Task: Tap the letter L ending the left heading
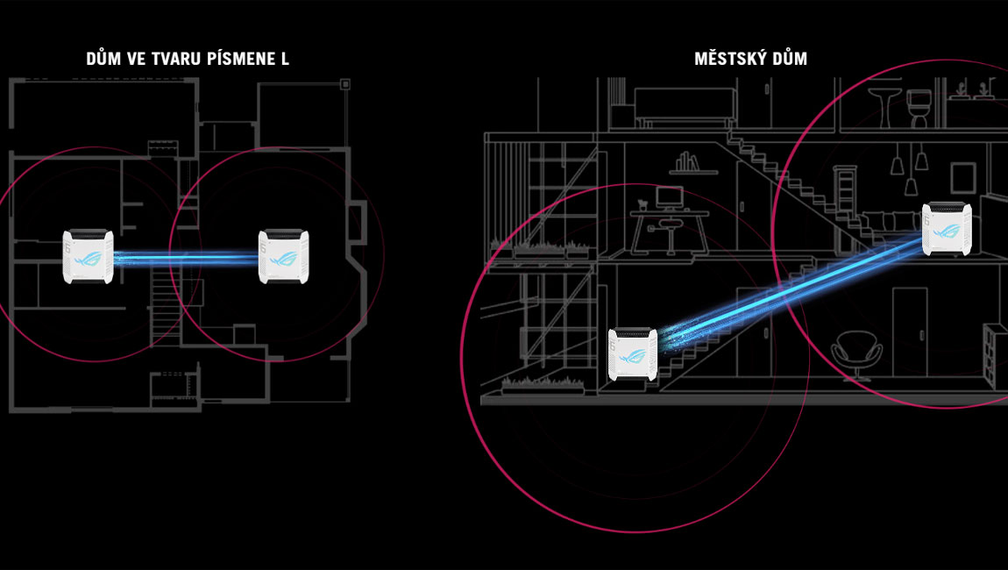(284, 60)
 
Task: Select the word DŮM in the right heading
(790, 60)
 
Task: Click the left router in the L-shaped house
(89, 256)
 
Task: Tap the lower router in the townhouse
(633, 355)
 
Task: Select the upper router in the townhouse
(947, 230)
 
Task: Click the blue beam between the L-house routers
(186, 258)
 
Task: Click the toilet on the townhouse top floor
(918, 108)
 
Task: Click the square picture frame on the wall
(963, 175)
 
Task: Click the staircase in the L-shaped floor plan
(164, 303)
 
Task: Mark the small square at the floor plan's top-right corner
(345, 85)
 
